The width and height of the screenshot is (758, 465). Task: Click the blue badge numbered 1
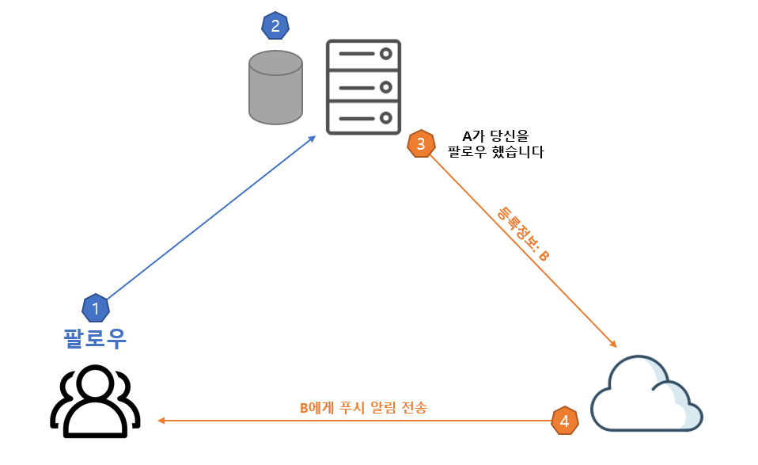pos(96,307)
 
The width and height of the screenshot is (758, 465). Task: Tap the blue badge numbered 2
pos(275,26)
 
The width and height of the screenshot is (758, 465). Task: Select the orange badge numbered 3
pos(420,143)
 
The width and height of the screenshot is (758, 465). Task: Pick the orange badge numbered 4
pos(564,421)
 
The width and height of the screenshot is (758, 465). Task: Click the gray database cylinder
pos(275,87)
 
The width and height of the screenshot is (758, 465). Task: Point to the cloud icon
pos(646,394)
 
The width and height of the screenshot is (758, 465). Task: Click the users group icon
pos(96,402)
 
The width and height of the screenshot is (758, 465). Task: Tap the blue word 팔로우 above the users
pos(95,338)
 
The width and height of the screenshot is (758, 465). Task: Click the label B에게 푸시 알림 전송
pos(363,408)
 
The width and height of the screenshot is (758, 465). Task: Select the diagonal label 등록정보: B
pos(522,234)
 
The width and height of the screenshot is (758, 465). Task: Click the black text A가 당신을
pos(495,135)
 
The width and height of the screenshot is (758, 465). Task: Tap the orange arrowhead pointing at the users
pos(161,421)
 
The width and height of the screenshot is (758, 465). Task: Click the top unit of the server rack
pos(364,55)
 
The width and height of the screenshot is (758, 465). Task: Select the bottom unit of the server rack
pos(364,116)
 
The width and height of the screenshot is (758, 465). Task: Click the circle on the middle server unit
pos(386,86)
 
